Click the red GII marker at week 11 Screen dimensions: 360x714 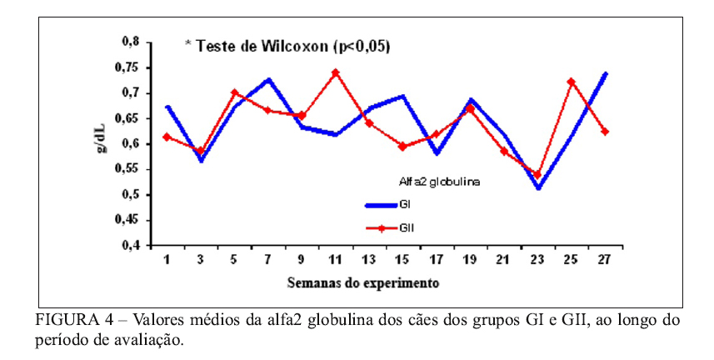(x=335, y=72)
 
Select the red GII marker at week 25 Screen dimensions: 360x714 (x=571, y=82)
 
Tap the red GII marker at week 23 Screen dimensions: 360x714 (x=537, y=175)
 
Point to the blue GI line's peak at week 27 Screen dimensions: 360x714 (x=605, y=73)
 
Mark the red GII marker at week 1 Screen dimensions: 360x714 (x=167, y=137)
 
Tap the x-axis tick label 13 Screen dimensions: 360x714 (x=368, y=260)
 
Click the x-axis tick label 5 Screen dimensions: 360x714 (x=234, y=260)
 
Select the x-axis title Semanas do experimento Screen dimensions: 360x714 (x=363, y=282)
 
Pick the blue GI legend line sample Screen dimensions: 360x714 (x=381, y=204)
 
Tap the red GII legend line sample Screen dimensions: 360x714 (x=381, y=227)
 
